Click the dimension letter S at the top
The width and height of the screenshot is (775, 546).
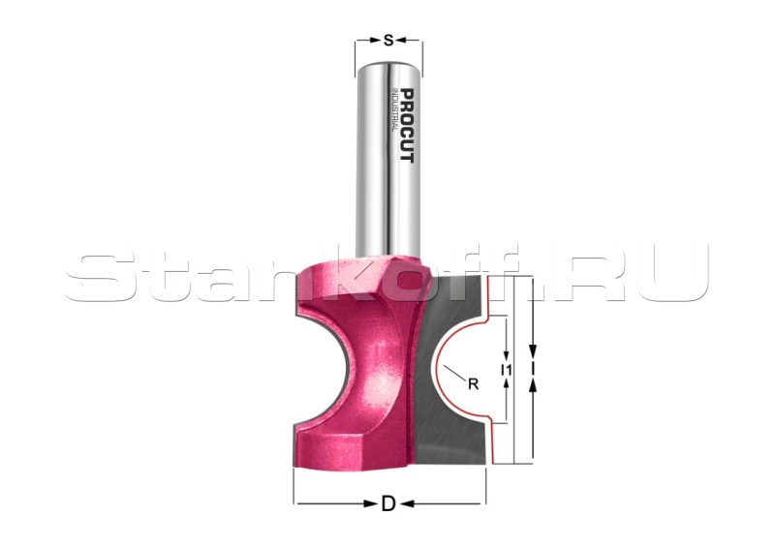pos(388,40)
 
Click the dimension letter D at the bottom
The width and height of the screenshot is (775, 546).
pos(388,504)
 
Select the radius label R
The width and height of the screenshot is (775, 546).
pos(473,384)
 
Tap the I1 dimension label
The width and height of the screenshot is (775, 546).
pos(506,369)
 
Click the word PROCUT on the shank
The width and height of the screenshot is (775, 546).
pos(407,126)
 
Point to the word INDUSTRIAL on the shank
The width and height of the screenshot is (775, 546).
pos(394,109)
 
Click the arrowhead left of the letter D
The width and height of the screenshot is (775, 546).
pos(370,504)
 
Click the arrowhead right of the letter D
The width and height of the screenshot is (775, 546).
pos(407,504)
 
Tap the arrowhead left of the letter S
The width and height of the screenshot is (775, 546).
pos(377,40)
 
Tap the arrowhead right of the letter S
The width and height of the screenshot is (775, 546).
pos(400,40)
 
